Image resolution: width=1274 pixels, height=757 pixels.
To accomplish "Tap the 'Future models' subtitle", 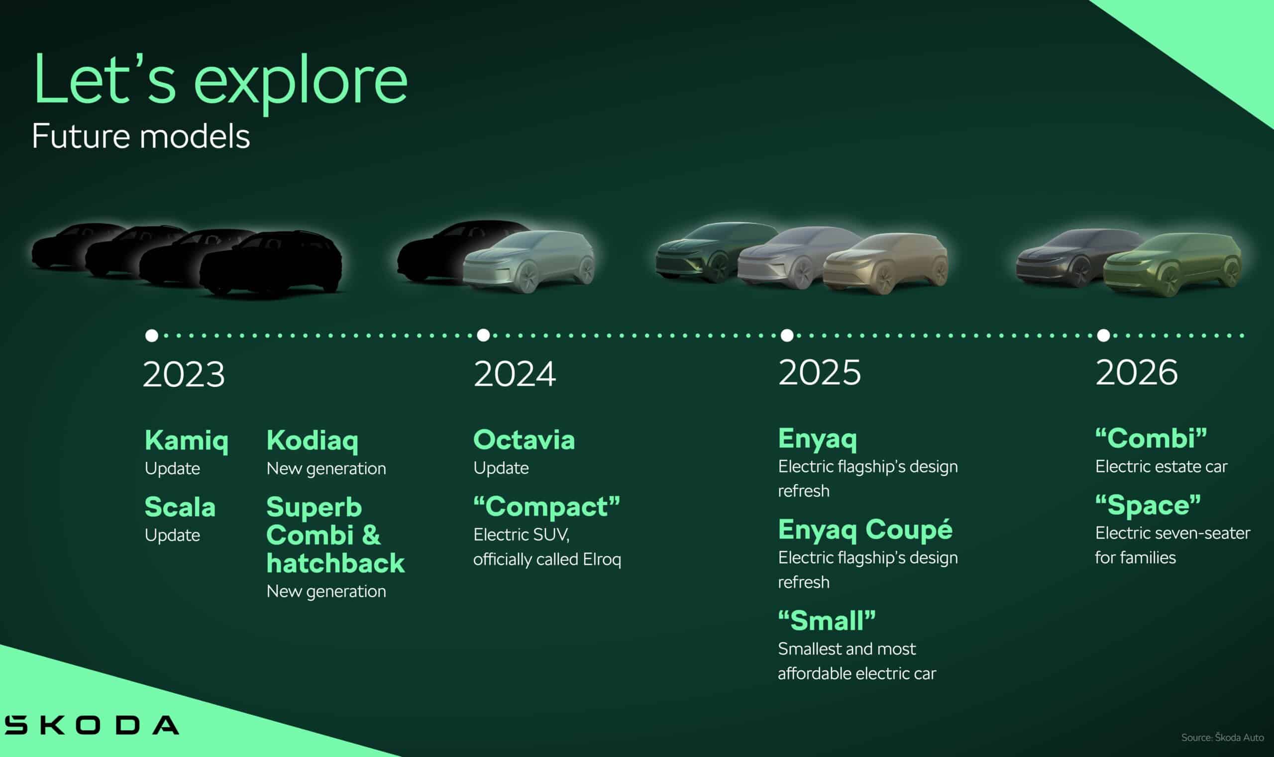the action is coord(141,137).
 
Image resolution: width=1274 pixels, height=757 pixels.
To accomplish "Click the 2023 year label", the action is coord(184,374).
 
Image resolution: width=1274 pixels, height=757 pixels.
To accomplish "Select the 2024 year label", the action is coord(514,374).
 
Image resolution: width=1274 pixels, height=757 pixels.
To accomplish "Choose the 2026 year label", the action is coord(1137,372).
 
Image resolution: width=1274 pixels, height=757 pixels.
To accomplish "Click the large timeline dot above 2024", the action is coord(484,335).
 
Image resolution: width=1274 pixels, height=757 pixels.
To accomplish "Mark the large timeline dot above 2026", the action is coord(1103,335).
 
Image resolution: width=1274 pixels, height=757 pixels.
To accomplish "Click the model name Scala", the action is coord(180,507).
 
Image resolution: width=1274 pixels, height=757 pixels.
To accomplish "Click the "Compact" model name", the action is coord(547,507).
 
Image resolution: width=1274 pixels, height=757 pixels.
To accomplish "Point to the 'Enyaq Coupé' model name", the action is coord(865,531).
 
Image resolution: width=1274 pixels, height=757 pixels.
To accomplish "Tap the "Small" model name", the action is coord(827,621).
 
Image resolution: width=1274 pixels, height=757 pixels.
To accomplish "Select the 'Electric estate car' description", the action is coord(1162,467).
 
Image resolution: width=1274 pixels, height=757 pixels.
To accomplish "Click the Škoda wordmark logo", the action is coord(92,724).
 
